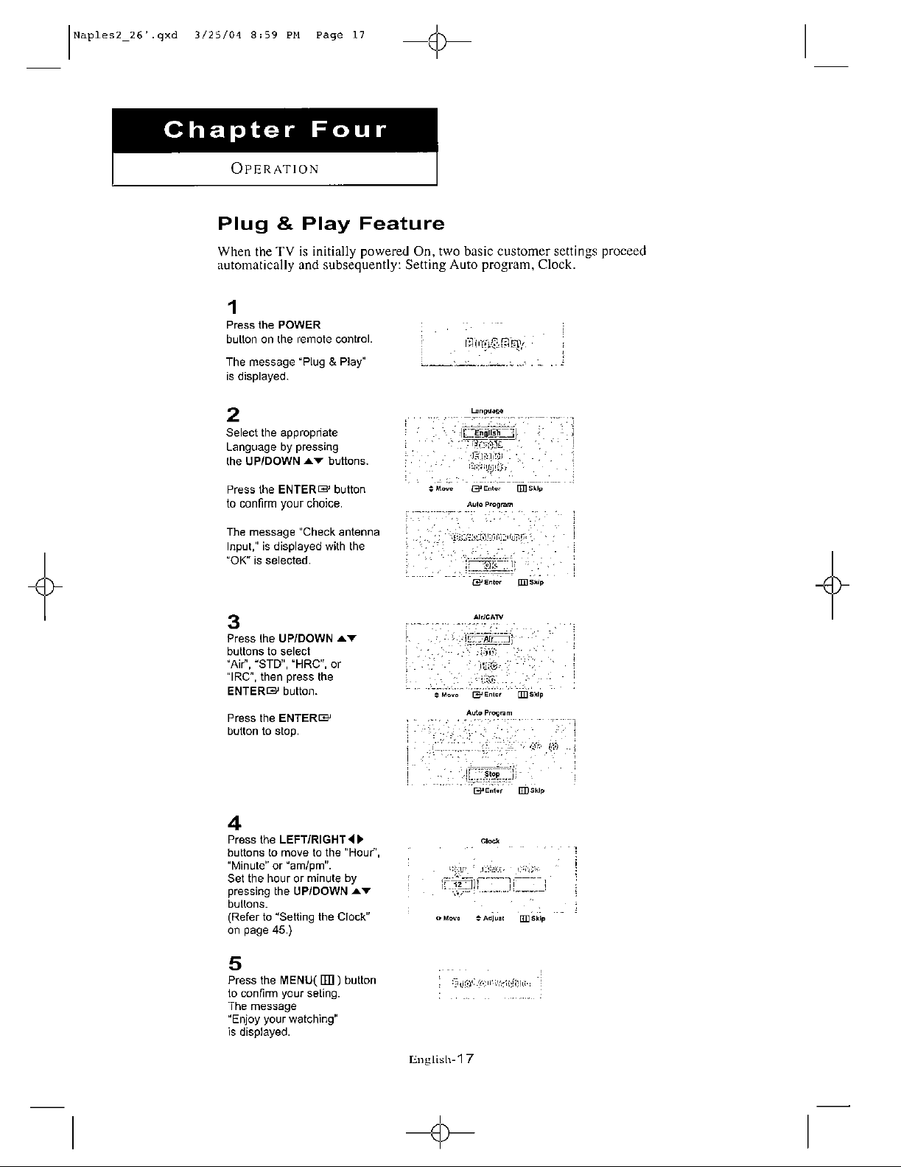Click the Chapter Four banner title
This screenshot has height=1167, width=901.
click(274, 130)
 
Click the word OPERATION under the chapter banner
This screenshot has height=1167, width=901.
click(275, 169)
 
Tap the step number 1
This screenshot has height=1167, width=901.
click(232, 306)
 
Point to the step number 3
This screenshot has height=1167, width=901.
click(233, 620)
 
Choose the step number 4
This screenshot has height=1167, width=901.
click(234, 821)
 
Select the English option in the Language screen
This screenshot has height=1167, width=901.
click(487, 432)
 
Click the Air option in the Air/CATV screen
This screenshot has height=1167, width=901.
click(488, 639)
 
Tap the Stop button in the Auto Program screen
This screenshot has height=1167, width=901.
click(491, 774)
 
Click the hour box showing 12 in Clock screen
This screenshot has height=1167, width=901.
click(457, 885)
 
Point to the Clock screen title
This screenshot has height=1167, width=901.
click(490, 841)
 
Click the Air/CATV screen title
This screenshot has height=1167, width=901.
click(488, 617)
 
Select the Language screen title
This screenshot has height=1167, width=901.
click(488, 410)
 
